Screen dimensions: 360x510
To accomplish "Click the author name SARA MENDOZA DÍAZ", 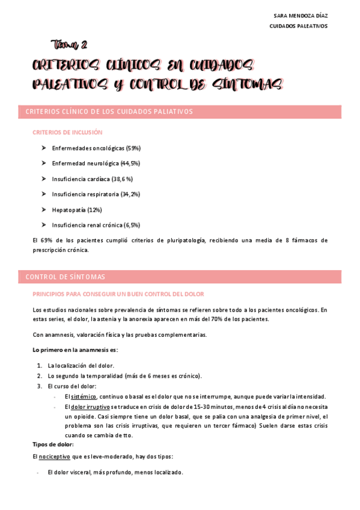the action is pyautogui.click(x=301, y=15).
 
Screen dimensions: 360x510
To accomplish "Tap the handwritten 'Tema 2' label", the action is pyautogui.click(x=70, y=44).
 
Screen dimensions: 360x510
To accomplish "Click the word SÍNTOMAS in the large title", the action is pyautogui.click(x=247, y=85).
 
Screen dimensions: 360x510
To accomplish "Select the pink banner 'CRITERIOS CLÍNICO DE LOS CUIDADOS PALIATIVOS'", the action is pyautogui.click(x=180, y=112).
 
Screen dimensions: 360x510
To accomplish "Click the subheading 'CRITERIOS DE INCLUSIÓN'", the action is pyautogui.click(x=67, y=132).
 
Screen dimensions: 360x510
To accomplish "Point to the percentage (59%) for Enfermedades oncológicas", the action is pyautogui.click(x=133, y=148).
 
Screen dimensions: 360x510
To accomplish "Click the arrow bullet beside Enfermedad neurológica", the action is pyautogui.click(x=44, y=163).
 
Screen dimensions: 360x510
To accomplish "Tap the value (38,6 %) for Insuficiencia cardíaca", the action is pyautogui.click(x=122, y=179).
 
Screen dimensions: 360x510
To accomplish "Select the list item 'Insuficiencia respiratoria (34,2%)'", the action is pyautogui.click(x=96, y=194).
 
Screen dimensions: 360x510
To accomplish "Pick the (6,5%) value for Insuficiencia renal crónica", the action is pyautogui.click(x=132, y=225).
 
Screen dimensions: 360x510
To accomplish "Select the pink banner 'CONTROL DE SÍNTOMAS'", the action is pyautogui.click(x=180, y=277).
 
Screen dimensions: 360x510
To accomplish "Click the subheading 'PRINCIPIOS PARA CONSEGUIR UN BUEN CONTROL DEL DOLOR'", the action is pyautogui.click(x=118, y=294).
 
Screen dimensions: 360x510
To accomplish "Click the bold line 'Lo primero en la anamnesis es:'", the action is pyautogui.click(x=75, y=349).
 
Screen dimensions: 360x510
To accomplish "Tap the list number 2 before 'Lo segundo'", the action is pyautogui.click(x=39, y=376).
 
